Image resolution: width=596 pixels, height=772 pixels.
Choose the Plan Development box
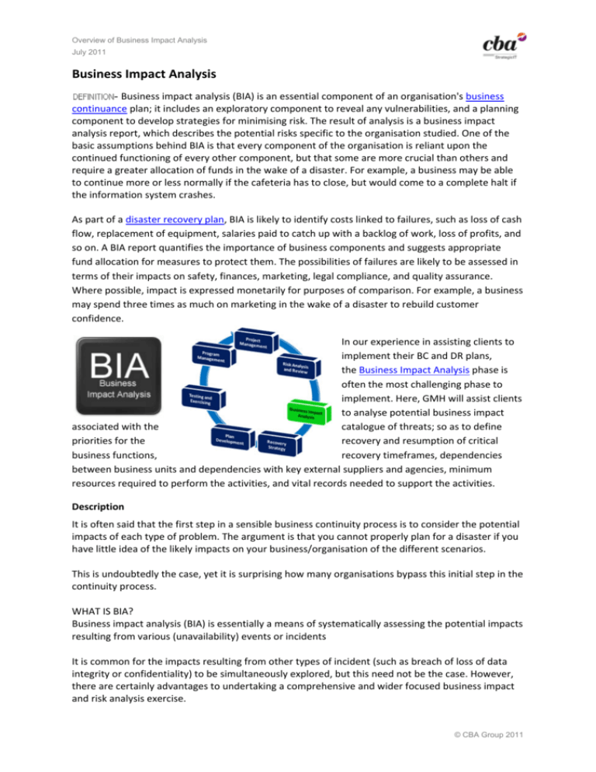[232, 440]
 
